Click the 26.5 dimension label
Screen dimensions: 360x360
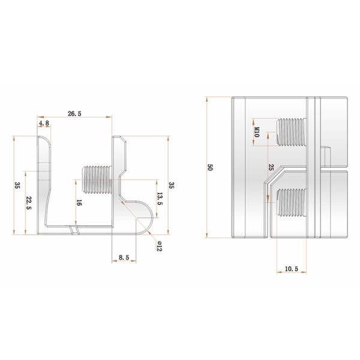75,113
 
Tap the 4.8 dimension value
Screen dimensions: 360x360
43,124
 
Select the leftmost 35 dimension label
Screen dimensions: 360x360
19,187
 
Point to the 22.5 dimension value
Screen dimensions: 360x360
28,203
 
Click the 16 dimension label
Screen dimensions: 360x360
79,203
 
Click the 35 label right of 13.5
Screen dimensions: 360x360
172,187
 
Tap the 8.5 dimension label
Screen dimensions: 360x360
124,257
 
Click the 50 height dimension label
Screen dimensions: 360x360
210,167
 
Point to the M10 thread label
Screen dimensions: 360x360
256,132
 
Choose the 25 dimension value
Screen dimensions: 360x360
271,168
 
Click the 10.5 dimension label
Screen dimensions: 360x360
292,269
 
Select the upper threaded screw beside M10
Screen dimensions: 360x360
290,131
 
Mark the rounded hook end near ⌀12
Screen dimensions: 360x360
145,215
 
